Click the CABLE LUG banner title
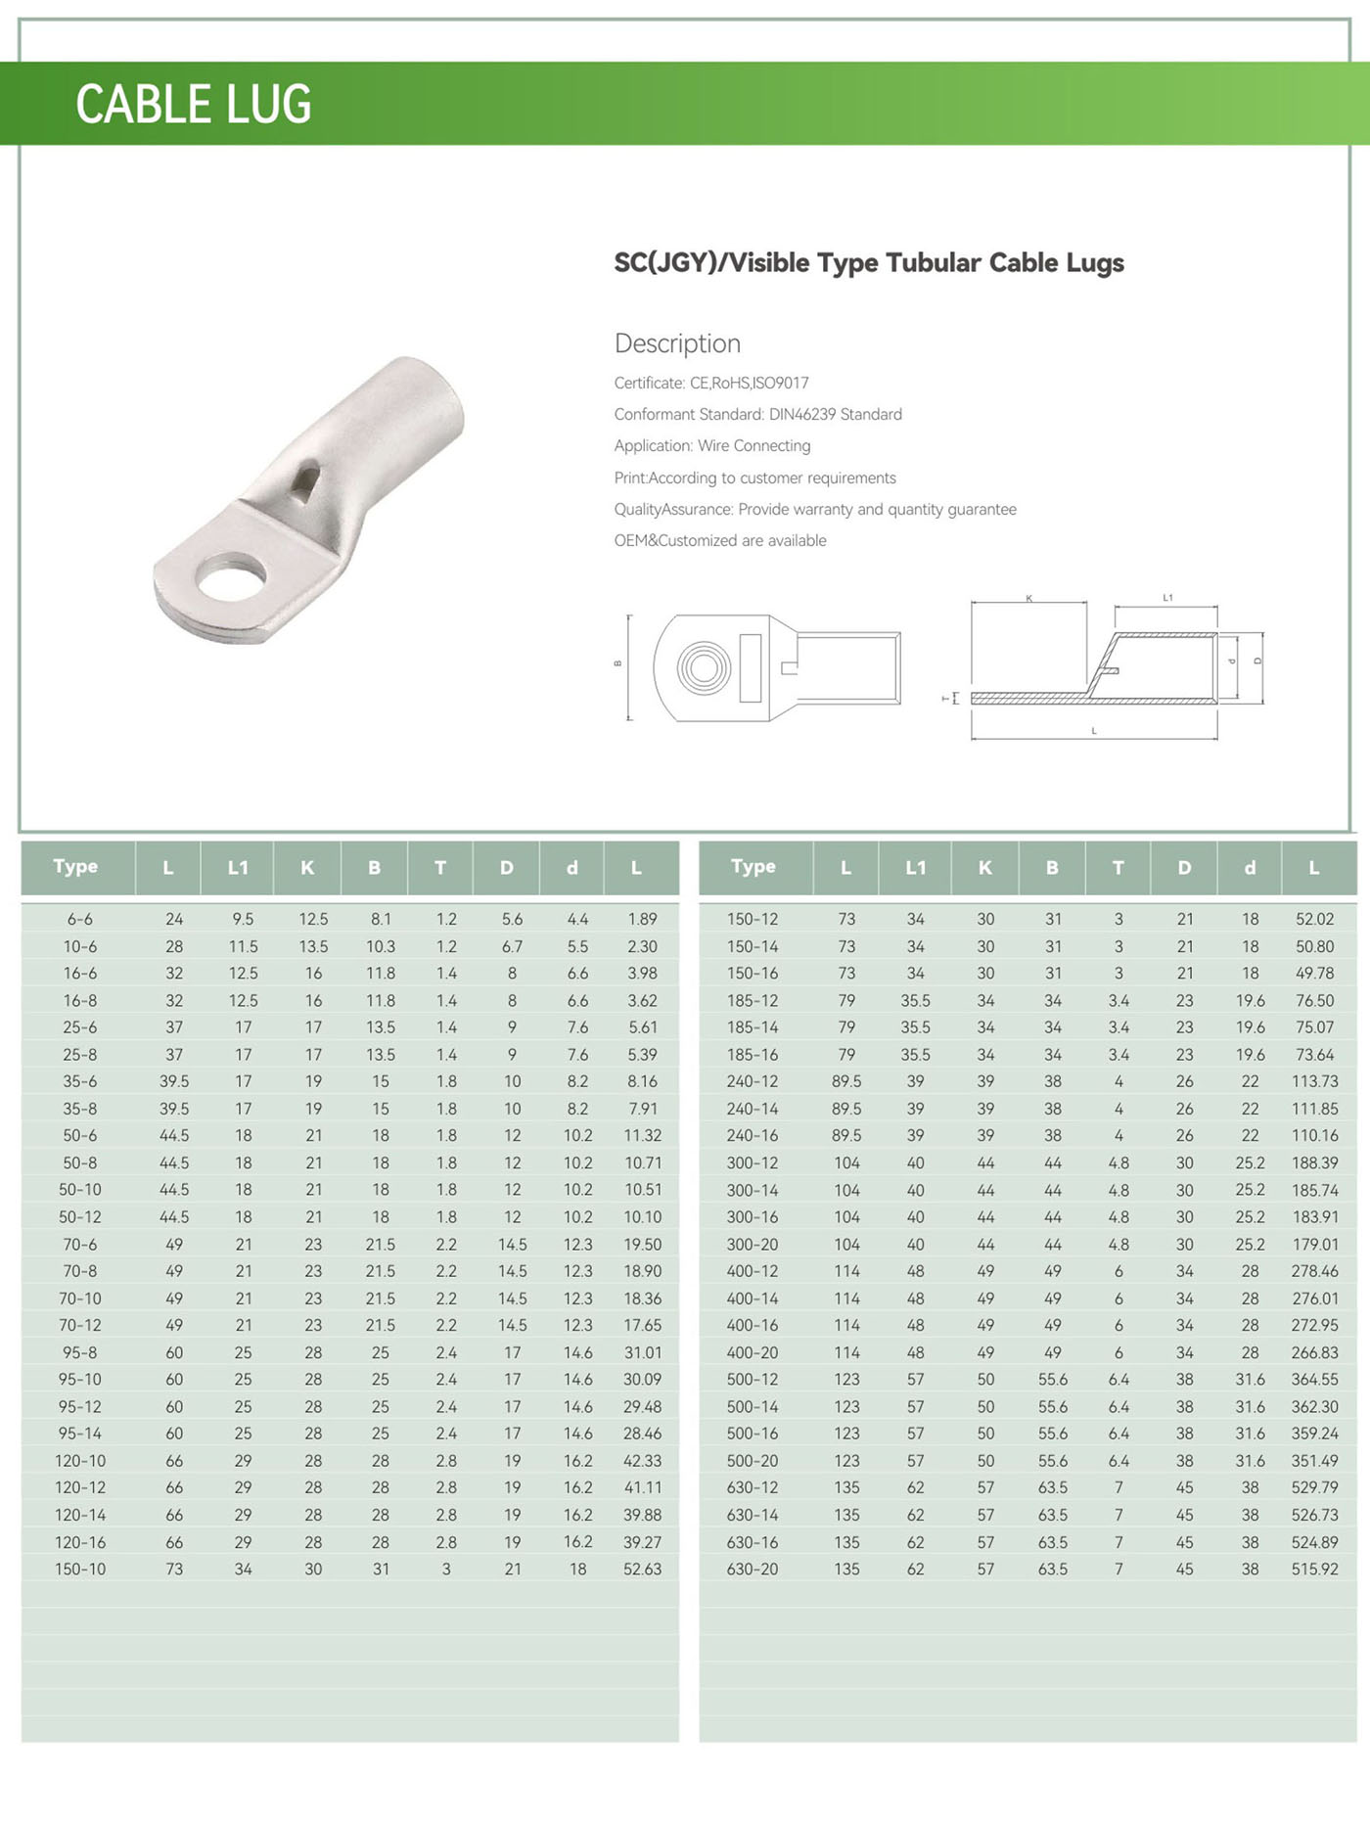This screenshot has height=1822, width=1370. pyautogui.click(x=193, y=104)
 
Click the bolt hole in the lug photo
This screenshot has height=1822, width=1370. pyautogui.click(x=232, y=576)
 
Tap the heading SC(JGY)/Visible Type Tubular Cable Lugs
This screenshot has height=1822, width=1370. pyautogui.click(x=869, y=262)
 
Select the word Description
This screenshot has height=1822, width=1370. pyautogui.click(x=677, y=343)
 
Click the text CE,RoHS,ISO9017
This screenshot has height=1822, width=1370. pyautogui.click(x=750, y=383)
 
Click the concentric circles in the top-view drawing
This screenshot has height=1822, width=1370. pyautogui.click(x=703, y=668)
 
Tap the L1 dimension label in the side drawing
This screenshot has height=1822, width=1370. pyautogui.click(x=1167, y=597)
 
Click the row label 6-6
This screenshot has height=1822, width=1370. pyautogui.click(x=80, y=919)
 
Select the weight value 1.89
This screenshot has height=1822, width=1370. pyautogui.click(x=642, y=919)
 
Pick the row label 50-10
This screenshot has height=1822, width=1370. pyautogui.click(x=80, y=1190)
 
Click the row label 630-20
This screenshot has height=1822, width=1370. pyautogui.click(x=753, y=1569)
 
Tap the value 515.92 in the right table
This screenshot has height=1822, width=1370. pyautogui.click(x=1314, y=1569)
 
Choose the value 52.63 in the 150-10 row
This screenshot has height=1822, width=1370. pyautogui.click(x=642, y=1569)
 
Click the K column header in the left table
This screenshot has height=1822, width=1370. pyautogui.click(x=307, y=867)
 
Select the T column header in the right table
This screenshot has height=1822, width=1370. pyautogui.click(x=1118, y=867)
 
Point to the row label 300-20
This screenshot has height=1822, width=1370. pyautogui.click(x=753, y=1245)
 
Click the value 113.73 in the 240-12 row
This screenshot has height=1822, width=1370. pyautogui.click(x=1314, y=1081)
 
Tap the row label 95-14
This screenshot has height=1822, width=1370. pyautogui.click(x=80, y=1434)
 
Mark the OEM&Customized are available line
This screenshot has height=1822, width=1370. pyautogui.click(x=720, y=540)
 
